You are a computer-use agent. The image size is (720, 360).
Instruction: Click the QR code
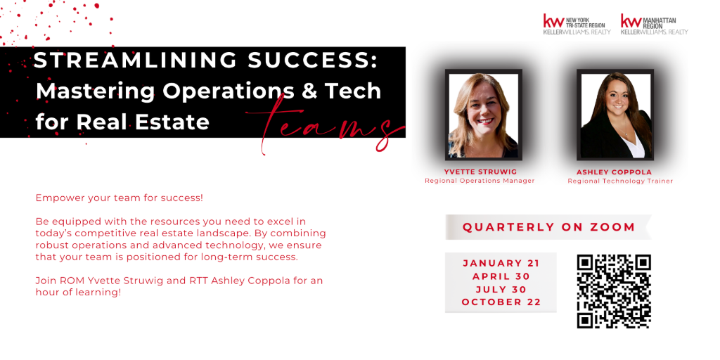click(614, 292)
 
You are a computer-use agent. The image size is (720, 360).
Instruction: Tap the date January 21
click(501, 264)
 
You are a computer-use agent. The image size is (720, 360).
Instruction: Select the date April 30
click(501, 276)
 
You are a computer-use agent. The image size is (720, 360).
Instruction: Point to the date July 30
click(501, 289)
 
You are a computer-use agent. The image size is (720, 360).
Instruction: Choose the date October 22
click(501, 302)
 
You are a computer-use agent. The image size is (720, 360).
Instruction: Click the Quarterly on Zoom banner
click(548, 227)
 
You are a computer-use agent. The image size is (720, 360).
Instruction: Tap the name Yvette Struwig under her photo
click(480, 172)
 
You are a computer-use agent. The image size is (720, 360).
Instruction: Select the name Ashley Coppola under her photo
click(614, 172)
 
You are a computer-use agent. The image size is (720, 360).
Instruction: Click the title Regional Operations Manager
click(480, 181)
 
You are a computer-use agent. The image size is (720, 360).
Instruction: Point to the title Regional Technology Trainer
click(620, 181)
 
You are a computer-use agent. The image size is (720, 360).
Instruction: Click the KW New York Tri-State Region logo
click(577, 25)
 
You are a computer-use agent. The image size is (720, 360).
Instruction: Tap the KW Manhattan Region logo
click(655, 25)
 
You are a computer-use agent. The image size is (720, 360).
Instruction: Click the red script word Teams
click(326, 124)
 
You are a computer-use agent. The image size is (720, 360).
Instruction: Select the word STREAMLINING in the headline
click(134, 60)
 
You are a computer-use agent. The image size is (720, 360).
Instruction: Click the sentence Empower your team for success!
click(120, 199)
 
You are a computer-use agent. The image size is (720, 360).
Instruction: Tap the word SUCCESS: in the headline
click(313, 60)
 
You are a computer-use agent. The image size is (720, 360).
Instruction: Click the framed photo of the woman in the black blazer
click(615, 115)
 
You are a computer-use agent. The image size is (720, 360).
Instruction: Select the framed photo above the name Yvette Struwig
click(484, 115)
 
